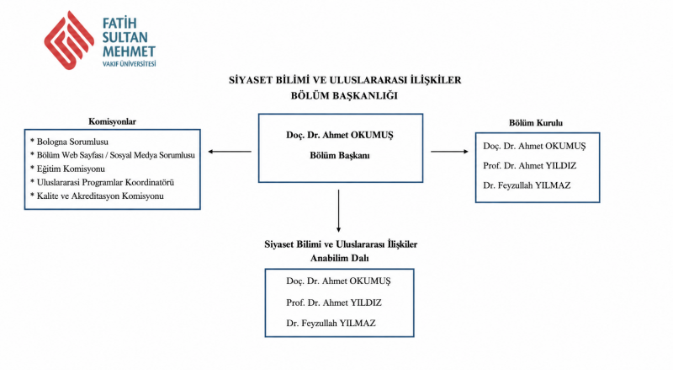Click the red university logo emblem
pos(69,40)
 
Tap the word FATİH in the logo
pos(119,23)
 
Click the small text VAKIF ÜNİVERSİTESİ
pos(130,64)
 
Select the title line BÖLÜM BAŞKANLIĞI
pos(344,95)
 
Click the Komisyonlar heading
pos(113,121)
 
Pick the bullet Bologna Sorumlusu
pos(69,142)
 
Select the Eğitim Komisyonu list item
pos(67,169)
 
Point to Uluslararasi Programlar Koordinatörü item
pos(102,182)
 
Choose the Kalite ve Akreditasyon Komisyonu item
pos(97,196)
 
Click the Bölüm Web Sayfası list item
pos(113,155)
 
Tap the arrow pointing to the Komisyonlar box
pos(230,152)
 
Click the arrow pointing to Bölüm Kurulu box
pos(449,152)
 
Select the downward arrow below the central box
pos(339,212)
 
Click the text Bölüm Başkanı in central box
pos(340,155)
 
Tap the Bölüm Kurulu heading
pos(536,122)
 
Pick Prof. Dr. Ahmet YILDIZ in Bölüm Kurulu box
pos(530,166)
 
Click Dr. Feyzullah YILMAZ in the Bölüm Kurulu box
pos(527,185)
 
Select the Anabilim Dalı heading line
pos(340,258)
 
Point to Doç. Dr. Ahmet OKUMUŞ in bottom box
pos(339,282)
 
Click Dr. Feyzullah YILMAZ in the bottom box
pos(331,323)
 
